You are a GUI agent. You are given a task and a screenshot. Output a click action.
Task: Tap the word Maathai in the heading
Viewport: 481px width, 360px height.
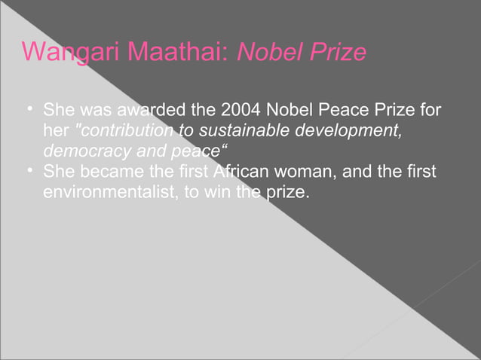pyautogui.click(x=178, y=53)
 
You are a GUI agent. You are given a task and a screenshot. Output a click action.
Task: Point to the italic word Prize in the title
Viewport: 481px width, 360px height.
pyautogui.click(x=337, y=53)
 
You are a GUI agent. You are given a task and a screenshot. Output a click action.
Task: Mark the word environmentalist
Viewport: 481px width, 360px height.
pyautogui.click(x=109, y=192)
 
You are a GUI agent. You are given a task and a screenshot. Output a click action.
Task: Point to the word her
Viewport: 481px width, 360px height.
pyautogui.click(x=56, y=131)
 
